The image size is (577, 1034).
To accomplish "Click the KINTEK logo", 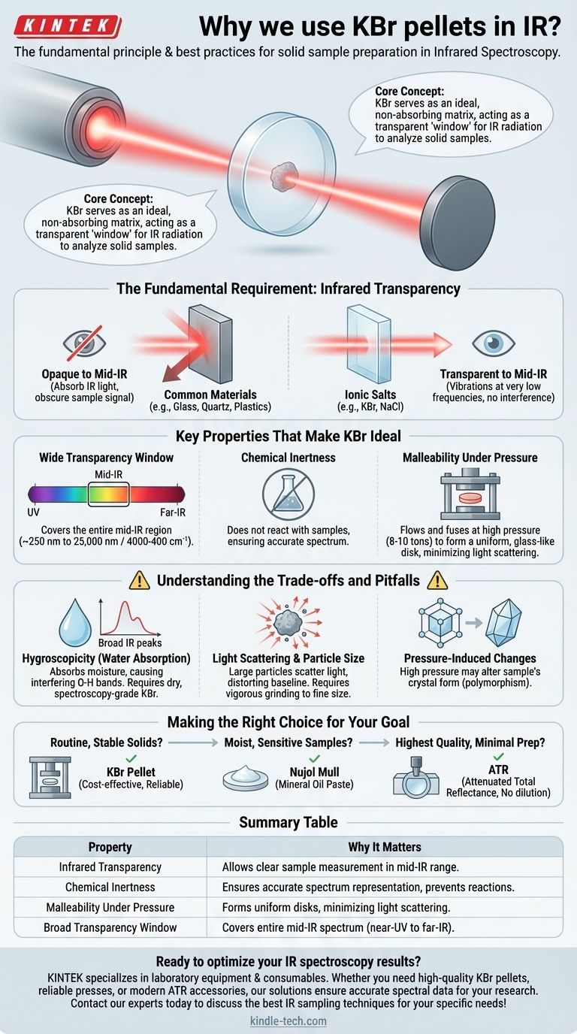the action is (68, 26).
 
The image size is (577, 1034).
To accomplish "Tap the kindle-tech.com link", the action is (288, 1020).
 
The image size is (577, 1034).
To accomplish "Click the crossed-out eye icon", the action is (84, 343).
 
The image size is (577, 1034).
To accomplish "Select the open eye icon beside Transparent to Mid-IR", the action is (494, 343).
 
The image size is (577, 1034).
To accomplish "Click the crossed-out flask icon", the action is (288, 494).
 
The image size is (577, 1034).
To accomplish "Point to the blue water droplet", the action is (75, 623).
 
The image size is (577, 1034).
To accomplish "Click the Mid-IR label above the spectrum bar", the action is (108, 474).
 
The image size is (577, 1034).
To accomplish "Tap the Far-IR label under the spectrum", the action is (173, 512).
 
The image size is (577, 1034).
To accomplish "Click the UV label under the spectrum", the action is (33, 512).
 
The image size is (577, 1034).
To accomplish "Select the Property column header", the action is (110, 847).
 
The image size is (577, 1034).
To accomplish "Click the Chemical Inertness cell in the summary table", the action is (110, 887).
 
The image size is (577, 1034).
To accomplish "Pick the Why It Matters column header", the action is (385, 847).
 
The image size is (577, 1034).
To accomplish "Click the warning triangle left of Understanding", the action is (140, 580).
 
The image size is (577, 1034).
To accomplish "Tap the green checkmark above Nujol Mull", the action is (314, 758).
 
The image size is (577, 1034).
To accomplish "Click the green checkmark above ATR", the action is (498, 757).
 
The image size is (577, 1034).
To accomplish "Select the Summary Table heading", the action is (288, 822).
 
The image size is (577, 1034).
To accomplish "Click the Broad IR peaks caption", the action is (130, 642).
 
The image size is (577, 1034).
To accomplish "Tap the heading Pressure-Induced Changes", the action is (470, 658).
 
